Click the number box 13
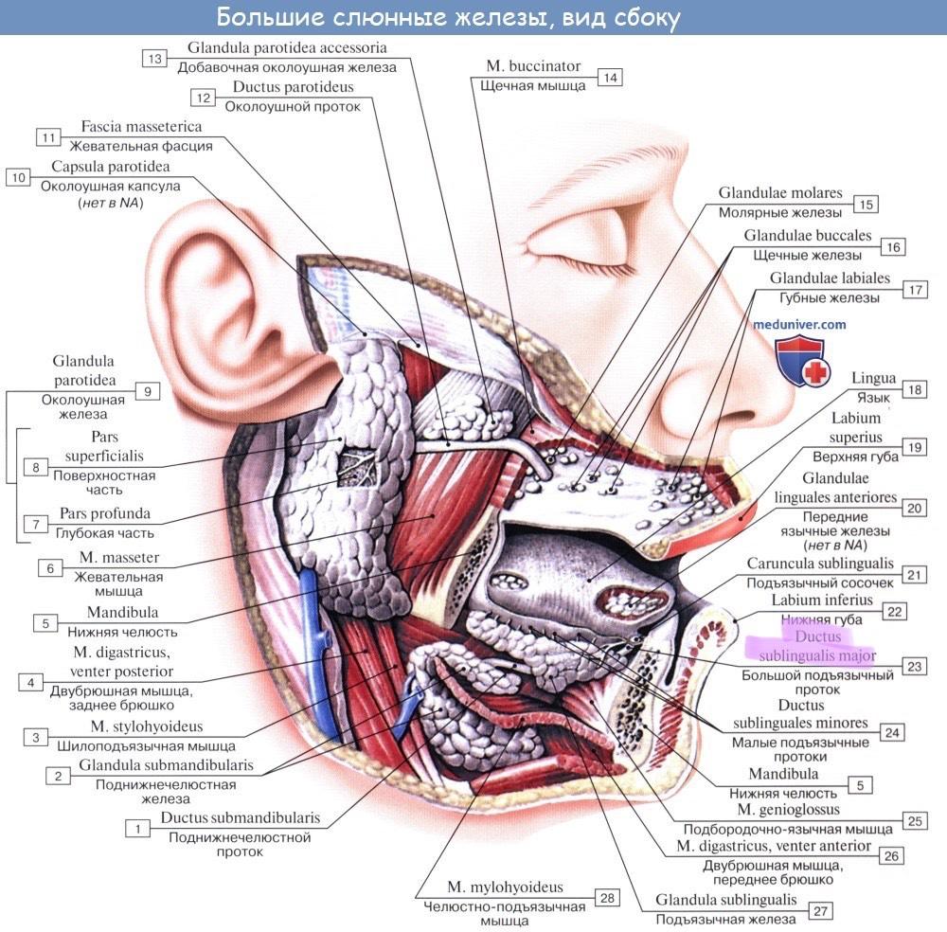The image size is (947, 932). coord(153,58)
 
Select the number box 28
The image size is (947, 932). coord(607,896)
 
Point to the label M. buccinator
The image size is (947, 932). coord(533,67)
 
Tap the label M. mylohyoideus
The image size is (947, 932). coord(505,887)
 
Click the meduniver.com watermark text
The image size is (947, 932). coord(799,324)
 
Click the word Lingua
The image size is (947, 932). coord(873,379)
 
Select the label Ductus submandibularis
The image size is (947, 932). coord(240,817)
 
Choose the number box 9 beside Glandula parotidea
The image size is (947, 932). coord(147,389)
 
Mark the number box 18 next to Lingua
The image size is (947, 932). coord(914,389)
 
